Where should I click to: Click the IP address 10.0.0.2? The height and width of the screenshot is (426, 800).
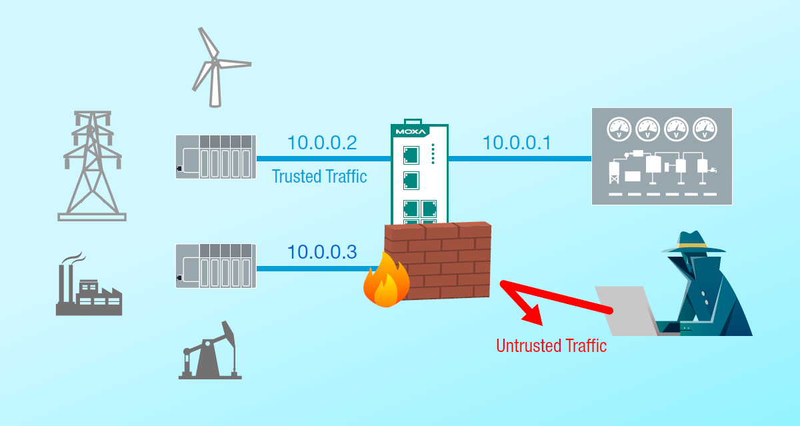pyautogui.click(x=322, y=143)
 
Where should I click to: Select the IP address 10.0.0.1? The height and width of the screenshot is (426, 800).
pyautogui.click(x=517, y=143)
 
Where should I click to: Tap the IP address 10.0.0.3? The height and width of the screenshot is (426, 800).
pyautogui.click(x=322, y=252)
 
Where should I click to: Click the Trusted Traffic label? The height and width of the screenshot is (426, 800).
pyautogui.click(x=319, y=177)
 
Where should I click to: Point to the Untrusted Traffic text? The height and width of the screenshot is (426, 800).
pyautogui.click(x=551, y=346)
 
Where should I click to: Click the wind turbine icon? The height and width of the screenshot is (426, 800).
pyautogui.click(x=215, y=67)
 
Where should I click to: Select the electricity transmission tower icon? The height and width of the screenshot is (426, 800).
pyautogui.click(x=92, y=167)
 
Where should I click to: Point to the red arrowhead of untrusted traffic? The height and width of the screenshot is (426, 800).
pyautogui.click(x=530, y=313)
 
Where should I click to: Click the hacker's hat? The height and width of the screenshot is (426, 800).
pyautogui.click(x=693, y=242)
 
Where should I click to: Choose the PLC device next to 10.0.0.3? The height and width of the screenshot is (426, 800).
pyautogui.click(x=215, y=266)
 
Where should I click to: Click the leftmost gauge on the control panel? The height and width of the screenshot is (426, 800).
pyautogui.click(x=619, y=128)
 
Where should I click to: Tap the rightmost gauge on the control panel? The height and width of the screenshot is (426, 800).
pyautogui.click(x=706, y=128)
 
